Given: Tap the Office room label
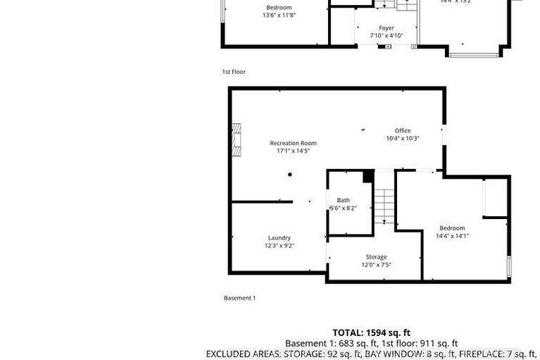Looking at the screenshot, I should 402,130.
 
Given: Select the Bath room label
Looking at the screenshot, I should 343,200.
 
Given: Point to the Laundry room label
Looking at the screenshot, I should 279,238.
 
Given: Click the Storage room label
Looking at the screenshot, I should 376,257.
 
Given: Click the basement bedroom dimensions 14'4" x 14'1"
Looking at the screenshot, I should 453,236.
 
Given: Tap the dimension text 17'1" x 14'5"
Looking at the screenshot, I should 293,151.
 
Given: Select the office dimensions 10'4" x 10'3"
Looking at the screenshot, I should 402,139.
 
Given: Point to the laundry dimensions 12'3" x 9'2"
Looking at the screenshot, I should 279,246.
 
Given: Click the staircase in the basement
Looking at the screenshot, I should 384,204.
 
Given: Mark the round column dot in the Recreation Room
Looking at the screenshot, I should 289,175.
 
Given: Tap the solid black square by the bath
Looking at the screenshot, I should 367,176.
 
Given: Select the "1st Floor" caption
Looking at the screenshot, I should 234,72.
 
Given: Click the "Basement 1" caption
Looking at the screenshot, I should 239,298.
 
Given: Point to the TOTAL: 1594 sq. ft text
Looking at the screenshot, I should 371,333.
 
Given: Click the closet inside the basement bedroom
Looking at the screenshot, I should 495,198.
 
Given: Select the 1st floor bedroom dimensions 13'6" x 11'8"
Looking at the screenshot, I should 279,15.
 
